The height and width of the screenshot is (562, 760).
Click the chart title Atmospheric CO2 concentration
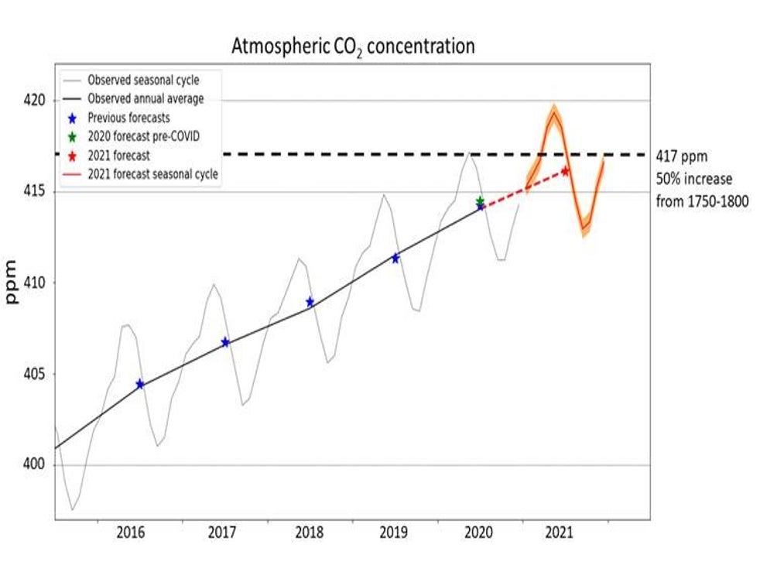tap(353, 46)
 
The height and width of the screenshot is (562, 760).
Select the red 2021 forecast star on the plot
tap(565, 171)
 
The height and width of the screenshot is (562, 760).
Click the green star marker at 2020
tap(480, 200)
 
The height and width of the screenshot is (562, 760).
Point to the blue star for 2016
tap(139, 384)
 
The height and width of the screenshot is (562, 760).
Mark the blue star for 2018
tap(310, 302)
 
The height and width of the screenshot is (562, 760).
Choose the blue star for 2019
tap(395, 258)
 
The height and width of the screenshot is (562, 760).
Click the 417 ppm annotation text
tap(682, 155)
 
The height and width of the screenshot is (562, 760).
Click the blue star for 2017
tap(225, 342)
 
